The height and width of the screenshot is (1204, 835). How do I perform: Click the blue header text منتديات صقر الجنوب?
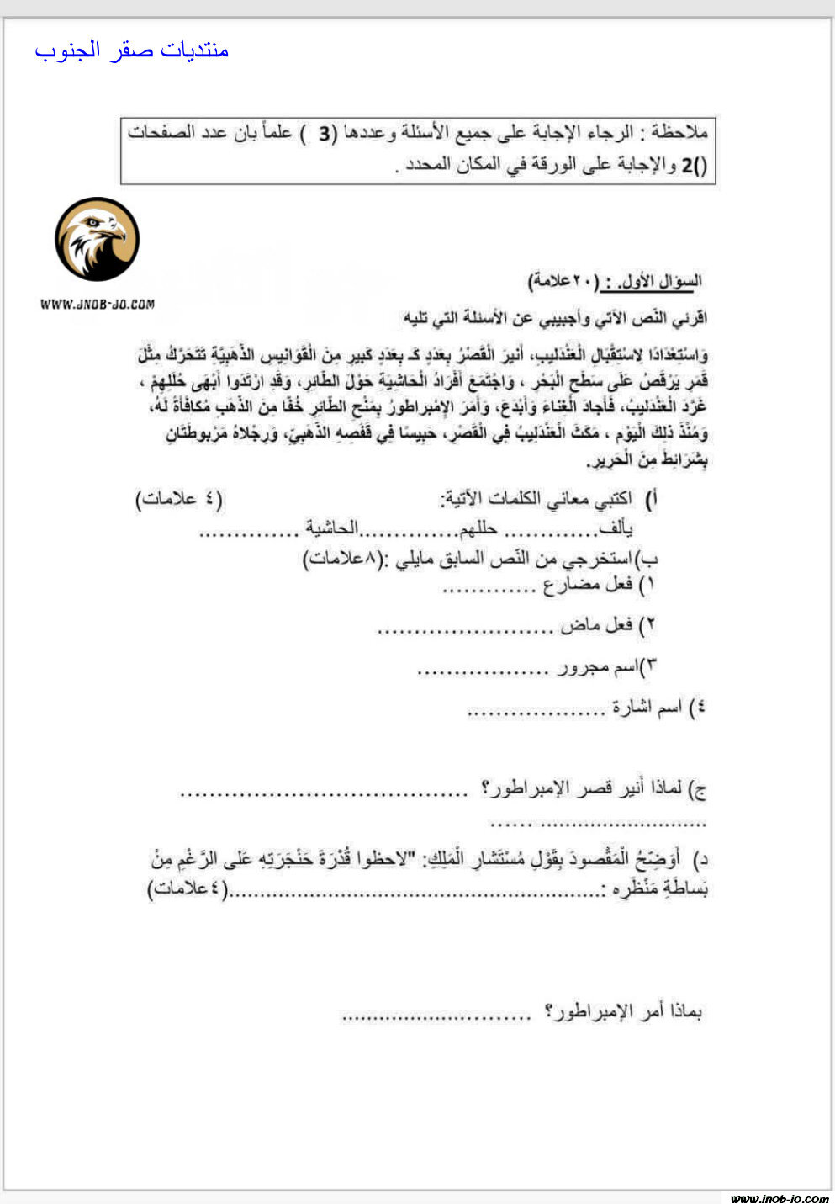click(x=132, y=50)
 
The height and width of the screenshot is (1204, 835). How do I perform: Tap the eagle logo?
click(x=97, y=240)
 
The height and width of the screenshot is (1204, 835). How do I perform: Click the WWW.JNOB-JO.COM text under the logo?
click(x=97, y=304)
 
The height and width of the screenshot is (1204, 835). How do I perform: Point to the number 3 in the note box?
click(x=325, y=133)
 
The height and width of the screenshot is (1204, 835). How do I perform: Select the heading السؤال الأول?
click(x=665, y=280)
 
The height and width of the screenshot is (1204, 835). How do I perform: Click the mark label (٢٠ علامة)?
click(x=563, y=280)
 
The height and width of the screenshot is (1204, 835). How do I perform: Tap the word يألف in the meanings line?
click(x=615, y=528)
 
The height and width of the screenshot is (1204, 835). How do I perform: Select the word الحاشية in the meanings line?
click(x=331, y=528)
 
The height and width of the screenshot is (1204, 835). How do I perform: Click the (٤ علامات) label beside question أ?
click(x=179, y=499)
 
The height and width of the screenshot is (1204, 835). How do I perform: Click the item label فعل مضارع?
click(x=588, y=584)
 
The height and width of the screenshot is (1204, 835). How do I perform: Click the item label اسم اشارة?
click(x=647, y=708)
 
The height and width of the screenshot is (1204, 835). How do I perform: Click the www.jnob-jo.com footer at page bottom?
click(x=779, y=1198)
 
